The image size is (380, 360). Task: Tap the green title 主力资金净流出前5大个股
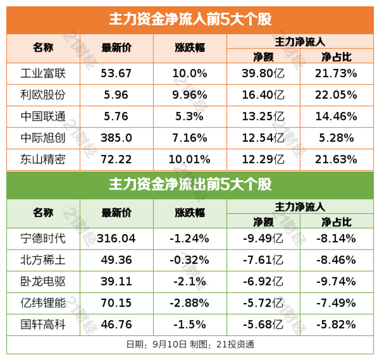(x=190, y=184)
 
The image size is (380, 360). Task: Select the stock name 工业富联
(x=43, y=73)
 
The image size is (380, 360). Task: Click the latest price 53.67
(x=116, y=73)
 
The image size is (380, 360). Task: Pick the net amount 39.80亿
(x=263, y=73)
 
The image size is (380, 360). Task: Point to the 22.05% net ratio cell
(x=336, y=95)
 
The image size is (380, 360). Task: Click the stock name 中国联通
(x=43, y=116)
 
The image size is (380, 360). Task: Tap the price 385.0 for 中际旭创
(x=116, y=138)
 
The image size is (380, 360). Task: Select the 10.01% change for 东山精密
(x=190, y=159)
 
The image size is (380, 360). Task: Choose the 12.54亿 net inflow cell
(x=263, y=138)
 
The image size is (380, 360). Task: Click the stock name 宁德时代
(x=43, y=238)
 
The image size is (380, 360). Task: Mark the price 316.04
(x=116, y=238)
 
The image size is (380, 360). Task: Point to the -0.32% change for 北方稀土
(x=190, y=259)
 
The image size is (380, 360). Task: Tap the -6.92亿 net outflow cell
(x=263, y=281)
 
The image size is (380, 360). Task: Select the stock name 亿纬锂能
(x=43, y=302)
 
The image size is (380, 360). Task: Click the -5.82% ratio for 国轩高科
(x=336, y=324)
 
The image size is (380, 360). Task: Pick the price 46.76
(x=116, y=324)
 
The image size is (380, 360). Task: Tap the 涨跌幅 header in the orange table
(x=190, y=48)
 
